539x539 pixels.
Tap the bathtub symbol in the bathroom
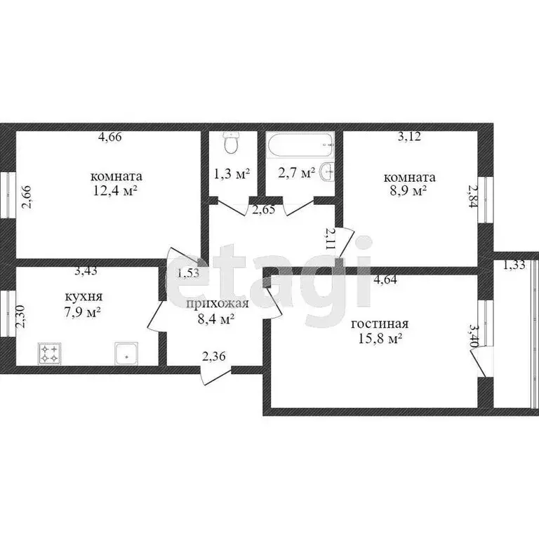pos(301,145)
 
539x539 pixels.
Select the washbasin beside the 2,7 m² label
pos(326,171)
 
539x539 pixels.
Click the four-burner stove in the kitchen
pos(50,354)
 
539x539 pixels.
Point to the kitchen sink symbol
pos(126,353)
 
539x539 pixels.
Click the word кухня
pos(84,296)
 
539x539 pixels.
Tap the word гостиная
pos(380,324)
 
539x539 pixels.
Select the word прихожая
pos(217,304)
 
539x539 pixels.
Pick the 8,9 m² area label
pos(409,190)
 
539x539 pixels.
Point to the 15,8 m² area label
pos(380,339)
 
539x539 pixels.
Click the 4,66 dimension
pos(110,137)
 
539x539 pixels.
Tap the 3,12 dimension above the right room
pos(409,136)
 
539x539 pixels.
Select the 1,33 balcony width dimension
pos(514,265)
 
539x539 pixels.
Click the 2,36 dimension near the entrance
pos(214,357)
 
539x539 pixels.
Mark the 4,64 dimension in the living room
pos(385,279)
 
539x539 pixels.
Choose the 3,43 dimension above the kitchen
pos(86,270)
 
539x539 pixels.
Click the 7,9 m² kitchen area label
pos(82,312)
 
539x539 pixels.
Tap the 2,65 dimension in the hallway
pos(264,210)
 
